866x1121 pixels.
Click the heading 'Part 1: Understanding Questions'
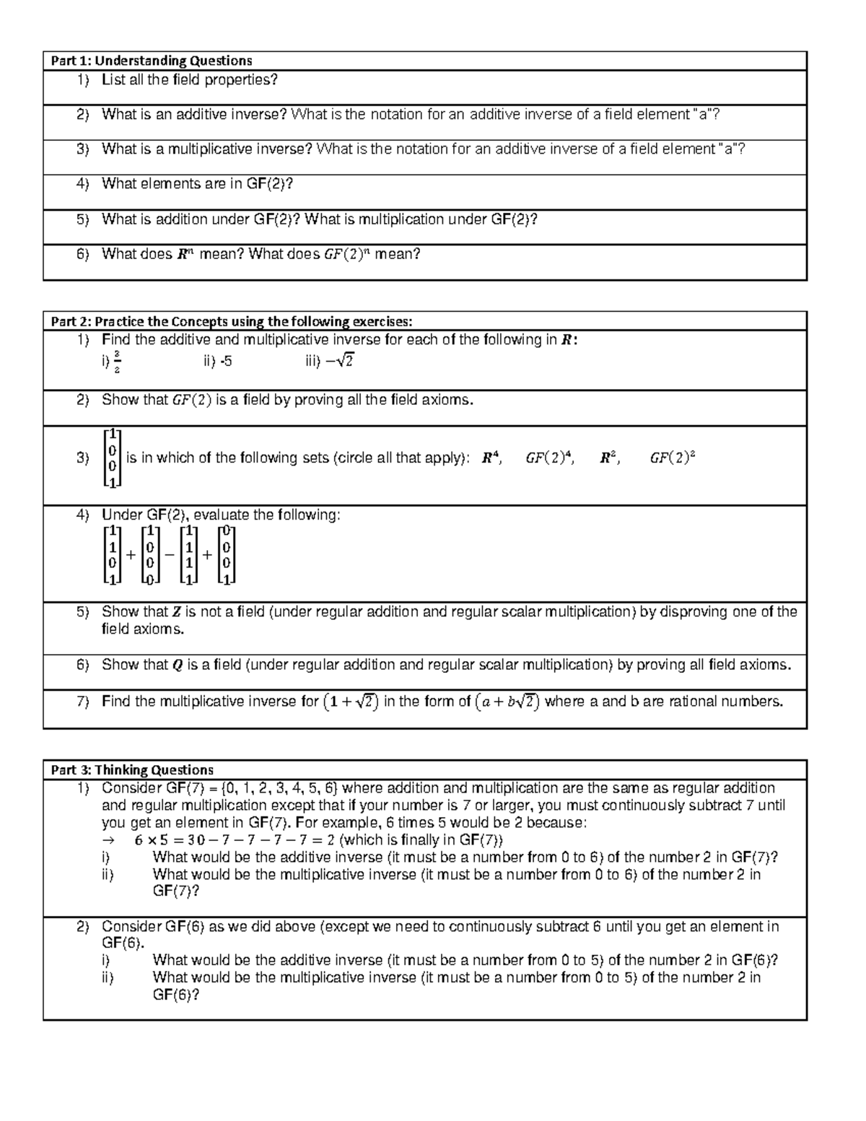[151, 61]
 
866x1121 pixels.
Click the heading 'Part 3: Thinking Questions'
[132, 769]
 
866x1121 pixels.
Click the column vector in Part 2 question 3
[113, 458]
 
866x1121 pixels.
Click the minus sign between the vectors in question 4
[169, 555]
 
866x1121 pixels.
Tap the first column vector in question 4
[113, 555]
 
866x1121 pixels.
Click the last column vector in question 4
[227, 555]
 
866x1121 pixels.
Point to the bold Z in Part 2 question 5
[176, 612]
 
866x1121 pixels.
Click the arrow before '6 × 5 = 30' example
[109, 840]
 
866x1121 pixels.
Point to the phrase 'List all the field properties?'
[189, 80]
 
